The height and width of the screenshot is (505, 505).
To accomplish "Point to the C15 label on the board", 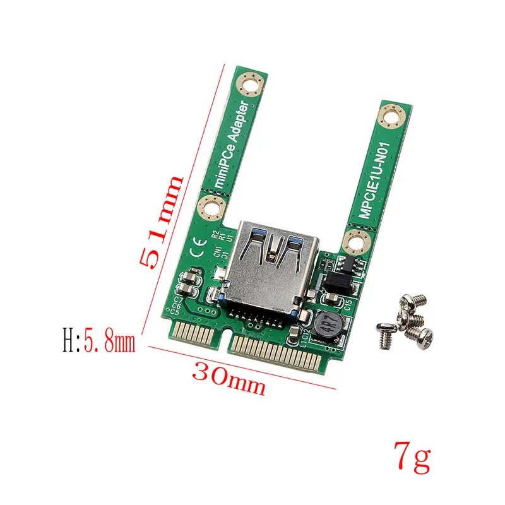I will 348,306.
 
